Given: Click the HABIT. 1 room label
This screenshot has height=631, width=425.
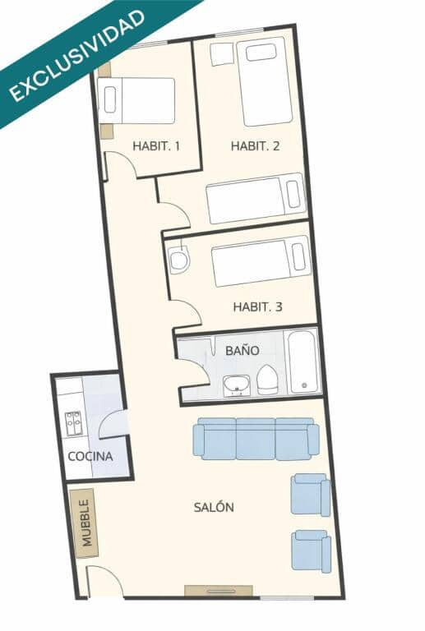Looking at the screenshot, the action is pos(156,145).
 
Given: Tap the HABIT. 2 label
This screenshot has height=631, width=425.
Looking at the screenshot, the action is pos(255,145).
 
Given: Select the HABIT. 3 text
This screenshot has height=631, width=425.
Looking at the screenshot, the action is pos(257,307).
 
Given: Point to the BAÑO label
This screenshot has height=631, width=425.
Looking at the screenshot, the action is pos(243,350).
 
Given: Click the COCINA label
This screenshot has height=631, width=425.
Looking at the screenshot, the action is pos(90,456).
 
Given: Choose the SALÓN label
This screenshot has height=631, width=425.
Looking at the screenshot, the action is pos(214,507).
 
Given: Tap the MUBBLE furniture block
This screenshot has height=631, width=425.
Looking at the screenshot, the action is pos(85,523).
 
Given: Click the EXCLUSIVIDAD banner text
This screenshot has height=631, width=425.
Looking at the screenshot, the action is pos(76,56).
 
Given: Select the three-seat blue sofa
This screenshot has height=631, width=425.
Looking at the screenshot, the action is pos(256,439).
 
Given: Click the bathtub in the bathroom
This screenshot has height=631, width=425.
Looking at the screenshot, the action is pos(303,362).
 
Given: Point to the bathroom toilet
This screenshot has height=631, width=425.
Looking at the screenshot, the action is pos(267,380).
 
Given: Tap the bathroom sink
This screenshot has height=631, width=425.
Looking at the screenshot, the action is pos(237,386).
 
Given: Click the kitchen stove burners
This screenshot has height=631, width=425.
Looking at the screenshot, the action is pos(74,423).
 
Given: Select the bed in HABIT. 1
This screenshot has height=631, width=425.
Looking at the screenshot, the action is pos(136,100).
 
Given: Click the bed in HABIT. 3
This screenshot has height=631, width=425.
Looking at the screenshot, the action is pos(261,261).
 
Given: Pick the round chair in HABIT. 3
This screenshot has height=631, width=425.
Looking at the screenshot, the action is pos(178,260).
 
